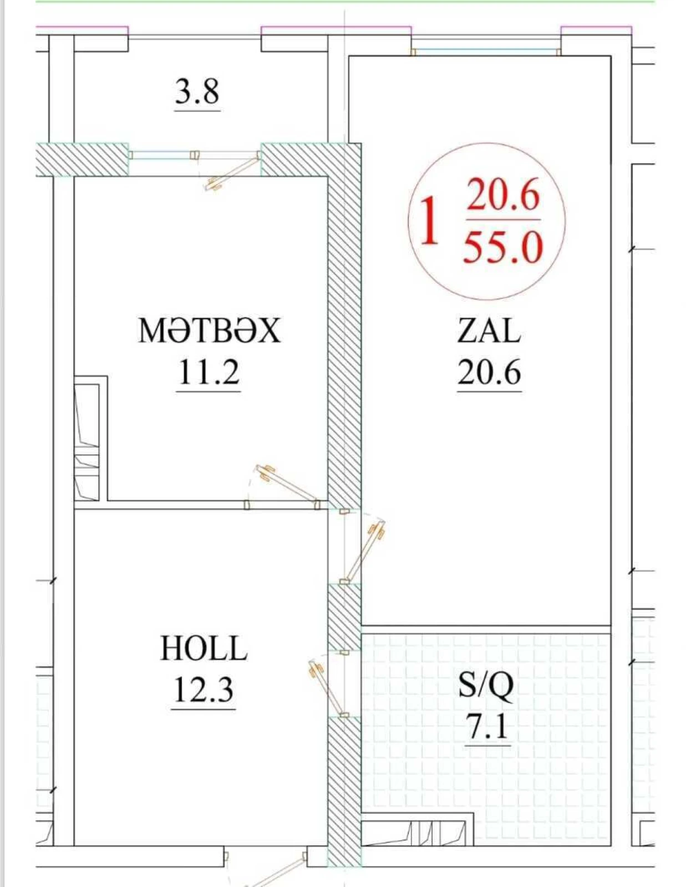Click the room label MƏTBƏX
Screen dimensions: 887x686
[209, 331]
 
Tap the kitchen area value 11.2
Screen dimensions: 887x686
[209, 372]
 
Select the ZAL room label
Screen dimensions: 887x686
[489, 331]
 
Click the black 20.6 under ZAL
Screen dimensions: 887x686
[489, 372]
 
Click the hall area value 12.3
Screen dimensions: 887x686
[203, 690]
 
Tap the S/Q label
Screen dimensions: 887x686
[486, 685]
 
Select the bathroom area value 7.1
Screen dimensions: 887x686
[487, 727]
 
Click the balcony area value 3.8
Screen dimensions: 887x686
[197, 92]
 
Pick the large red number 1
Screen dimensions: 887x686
[429, 222]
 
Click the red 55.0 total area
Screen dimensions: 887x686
[502, 248]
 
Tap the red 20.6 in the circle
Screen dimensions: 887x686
[502, 195]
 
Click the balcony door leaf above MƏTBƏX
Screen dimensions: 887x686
[232, 172]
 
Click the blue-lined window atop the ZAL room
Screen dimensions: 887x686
[486, 52]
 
